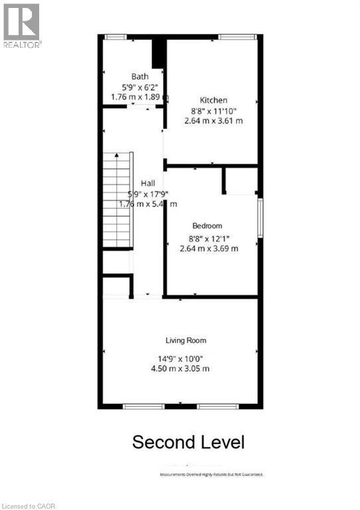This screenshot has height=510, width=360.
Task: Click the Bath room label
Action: pos(139,76)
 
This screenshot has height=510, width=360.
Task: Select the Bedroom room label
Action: pos(207,226)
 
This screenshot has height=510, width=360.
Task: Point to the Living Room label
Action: pos(186,341)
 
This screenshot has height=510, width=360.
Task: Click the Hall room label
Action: pos(147,183)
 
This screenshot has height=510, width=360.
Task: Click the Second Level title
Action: pos(189,442)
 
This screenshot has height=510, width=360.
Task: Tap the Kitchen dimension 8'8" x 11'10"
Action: pos(213,111)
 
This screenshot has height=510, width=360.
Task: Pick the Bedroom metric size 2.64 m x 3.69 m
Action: pos(209,248)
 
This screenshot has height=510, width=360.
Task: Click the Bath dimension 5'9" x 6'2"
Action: pos(139,86)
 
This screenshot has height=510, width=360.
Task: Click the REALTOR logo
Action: pos(21,25)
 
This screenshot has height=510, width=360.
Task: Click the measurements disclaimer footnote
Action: pos(211,475)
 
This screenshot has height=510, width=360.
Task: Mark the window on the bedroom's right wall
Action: pos(260,217)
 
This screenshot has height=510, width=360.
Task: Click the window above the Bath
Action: pos(116,37)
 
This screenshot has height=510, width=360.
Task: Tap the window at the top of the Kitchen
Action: pos(235,37)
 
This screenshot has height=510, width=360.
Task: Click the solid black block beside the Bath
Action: pos(158,53)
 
